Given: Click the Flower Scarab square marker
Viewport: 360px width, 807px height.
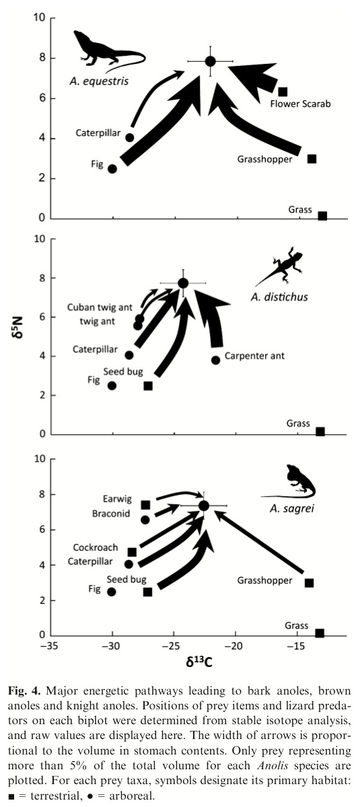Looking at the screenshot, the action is click(x=283, y=92).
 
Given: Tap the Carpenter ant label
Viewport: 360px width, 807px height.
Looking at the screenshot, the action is click(x=254, y=355).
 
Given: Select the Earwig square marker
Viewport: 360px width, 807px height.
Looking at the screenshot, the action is click(x=145, y=505).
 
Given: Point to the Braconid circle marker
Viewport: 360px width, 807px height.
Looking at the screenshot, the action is click(x=145, y=520).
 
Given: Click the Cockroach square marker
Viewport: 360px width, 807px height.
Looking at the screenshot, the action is click(x=132, y=552).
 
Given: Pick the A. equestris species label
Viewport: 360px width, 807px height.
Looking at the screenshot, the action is click(x=98, y=81).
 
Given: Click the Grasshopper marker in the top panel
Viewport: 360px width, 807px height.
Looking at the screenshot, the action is click(x=312, y=159).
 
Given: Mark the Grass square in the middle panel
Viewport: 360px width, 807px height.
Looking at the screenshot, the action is click(x=320, y=432).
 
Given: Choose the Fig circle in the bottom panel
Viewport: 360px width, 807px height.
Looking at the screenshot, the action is click(x=111, y=592).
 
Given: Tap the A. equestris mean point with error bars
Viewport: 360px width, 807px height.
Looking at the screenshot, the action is click(x=211, y=61).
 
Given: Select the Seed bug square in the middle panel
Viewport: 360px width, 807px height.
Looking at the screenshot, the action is click(x=148, y=386).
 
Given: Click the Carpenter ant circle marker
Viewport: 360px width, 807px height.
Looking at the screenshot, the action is click(x=216, y=360).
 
